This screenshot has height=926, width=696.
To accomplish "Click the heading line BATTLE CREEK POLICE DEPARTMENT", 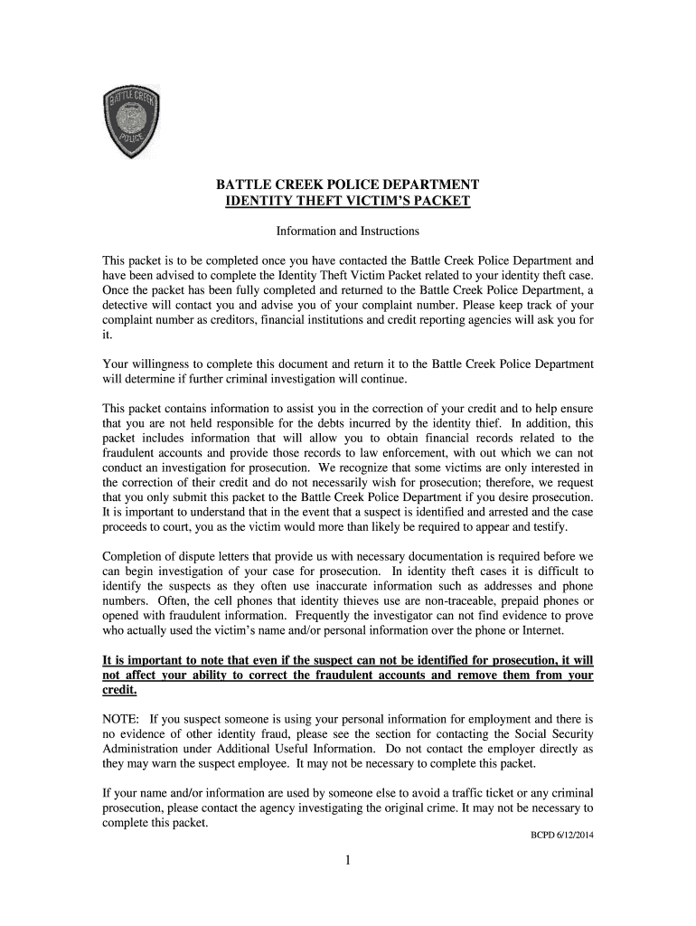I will [x=347, y=184].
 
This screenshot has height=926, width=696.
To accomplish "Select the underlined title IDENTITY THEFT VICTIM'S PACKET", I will [x=347, y=201].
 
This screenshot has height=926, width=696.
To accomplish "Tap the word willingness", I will [x=156, y=364].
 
